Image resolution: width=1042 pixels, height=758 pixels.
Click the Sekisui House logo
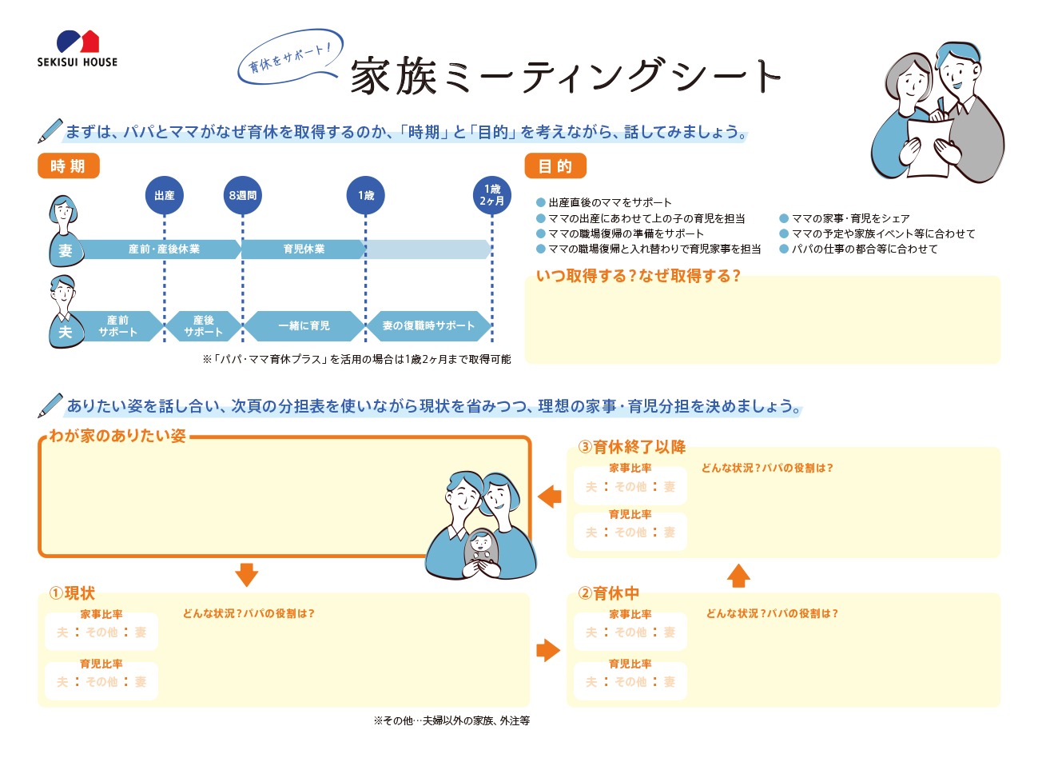[78, 49]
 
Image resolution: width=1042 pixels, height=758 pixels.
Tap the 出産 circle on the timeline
[164, 195]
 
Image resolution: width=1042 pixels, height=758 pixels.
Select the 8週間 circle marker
[242, 195]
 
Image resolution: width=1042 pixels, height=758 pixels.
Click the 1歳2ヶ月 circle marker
[491, 195]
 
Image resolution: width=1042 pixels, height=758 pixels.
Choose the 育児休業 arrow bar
[304, 249]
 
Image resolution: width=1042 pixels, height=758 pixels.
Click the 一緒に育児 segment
[304, 326]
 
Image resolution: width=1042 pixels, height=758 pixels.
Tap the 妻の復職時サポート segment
[428, 326]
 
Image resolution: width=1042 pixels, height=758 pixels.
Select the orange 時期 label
[69, 166]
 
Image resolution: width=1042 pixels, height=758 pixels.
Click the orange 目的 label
[555, 166]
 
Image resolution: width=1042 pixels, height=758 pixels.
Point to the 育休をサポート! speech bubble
[291, 58]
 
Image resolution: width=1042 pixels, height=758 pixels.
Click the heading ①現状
[72, 593]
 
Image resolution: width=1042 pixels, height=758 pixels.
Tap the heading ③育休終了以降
[632, 447]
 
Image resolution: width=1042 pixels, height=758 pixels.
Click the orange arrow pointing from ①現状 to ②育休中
[548, 650]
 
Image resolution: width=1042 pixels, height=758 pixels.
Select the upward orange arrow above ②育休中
[738, 576]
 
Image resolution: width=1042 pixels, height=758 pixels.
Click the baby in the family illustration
[482, 552]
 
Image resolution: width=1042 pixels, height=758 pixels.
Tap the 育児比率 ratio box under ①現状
[101, 681]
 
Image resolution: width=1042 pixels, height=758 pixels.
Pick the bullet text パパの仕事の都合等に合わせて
[865, 249]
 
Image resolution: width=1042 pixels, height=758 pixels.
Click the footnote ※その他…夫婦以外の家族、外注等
[451, 720]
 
